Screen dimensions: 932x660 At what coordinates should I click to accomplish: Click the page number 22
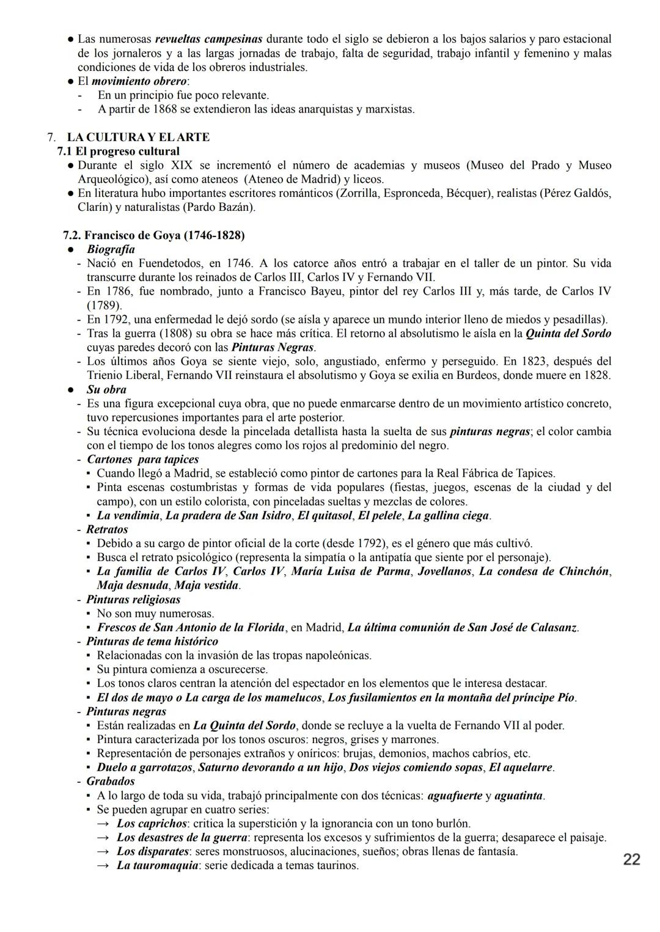pos(632,860)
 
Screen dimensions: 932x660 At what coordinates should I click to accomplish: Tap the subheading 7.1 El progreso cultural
pos(119,152)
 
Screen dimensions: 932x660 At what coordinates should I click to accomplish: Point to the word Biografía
pos(111,249)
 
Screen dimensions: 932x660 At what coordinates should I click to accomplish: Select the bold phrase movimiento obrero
pos(139,81)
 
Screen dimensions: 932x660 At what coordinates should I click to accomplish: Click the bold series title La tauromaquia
pos(158,865)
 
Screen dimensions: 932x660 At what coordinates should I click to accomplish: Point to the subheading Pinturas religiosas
pos(133,600)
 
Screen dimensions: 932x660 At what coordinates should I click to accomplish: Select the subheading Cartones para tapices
pos(142,460)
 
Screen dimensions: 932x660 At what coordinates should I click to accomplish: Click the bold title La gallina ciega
pos(448,515)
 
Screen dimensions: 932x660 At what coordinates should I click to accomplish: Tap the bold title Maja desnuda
pos(128,585)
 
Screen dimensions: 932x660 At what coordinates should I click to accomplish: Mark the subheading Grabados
pos(111,782)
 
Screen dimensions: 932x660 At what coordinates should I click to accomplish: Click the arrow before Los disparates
pos(105,851)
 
